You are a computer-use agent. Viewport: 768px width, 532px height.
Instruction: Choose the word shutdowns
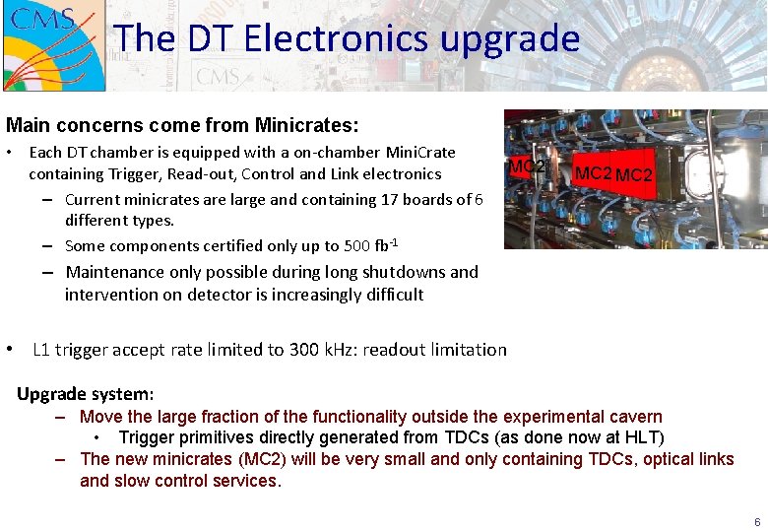click(x=400, y=272)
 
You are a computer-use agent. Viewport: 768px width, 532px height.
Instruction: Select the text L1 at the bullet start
click(x=41, y=350)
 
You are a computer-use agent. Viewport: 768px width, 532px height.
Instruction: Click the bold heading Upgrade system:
click(x=86, y=394)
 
